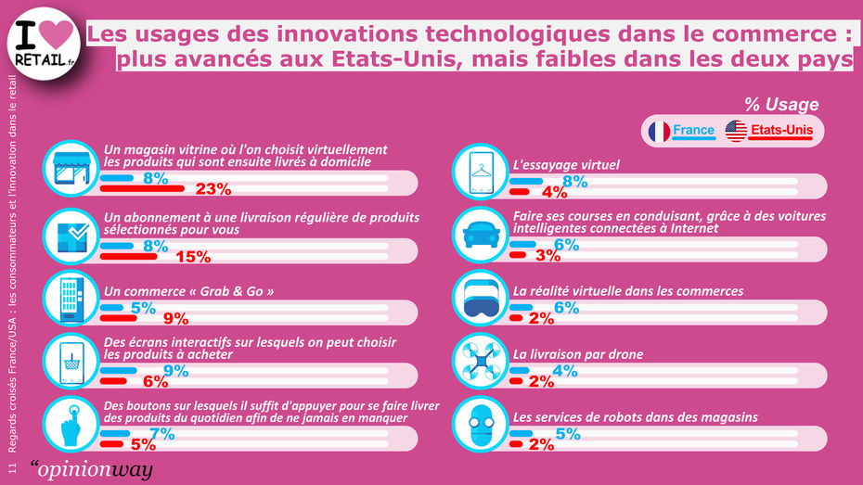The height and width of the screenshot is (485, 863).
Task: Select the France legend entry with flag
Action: pyautogui.click(x=680, y=131)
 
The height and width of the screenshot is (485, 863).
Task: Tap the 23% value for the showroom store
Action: pyautogui.click(x=213, y=190)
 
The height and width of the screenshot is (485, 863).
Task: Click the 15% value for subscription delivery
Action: pyautogui.click(x=193, y=256)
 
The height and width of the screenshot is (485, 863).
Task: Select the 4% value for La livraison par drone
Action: pyautogui.click(x=565, y=371)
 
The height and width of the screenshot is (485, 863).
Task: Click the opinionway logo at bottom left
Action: pyautogui.click(x=91, y=469)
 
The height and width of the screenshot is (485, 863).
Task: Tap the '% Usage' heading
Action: pyautogui.click(x=781, y=105)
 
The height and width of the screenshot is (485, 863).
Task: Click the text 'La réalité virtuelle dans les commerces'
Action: pyautogui.click(x=627, y=291)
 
